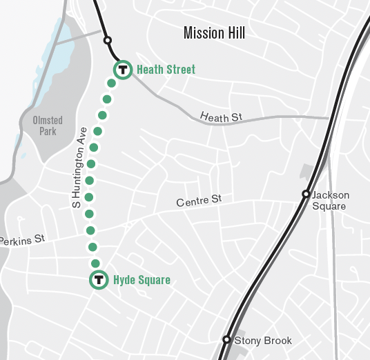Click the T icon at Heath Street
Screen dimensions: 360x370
pos(122,69)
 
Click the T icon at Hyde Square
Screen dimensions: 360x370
pos(99,279)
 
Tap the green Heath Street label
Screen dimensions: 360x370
pos(166,69)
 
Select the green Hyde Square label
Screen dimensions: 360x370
pos(142,279)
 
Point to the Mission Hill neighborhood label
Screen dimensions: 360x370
pos(215,32)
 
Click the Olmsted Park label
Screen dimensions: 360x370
pos(47,126)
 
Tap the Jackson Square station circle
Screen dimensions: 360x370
pos(306,194)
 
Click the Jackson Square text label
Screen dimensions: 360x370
pos(330,201)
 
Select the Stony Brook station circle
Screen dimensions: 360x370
pos(226,339)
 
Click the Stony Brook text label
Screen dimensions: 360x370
pos(263,341)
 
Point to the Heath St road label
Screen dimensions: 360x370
pos(222,117)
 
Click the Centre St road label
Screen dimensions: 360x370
pos(199,201)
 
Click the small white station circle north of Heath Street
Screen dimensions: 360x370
pos(107,40)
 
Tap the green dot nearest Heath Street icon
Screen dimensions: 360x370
pos(110,83)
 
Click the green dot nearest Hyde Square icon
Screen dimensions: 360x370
pos(96,263)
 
